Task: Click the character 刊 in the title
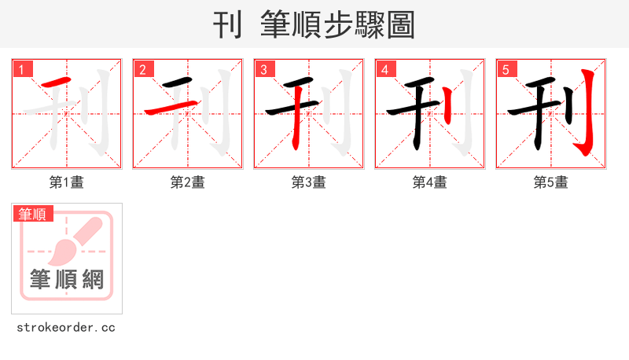tap(227, 26)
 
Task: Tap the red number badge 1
tap(22, 70)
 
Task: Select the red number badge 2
tap(143, 70)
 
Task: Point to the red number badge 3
tap(264, 70)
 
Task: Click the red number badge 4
tap(385, 70)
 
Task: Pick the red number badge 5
tap(506, 70)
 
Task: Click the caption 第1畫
tap(67, 182)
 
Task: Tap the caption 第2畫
tap(188, 182)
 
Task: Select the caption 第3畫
tap(309, 182)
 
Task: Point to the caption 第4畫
tap(430, 182)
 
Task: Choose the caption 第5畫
tap(551, 182)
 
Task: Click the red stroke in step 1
tap(57, 83)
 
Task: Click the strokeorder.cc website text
tap(66, 327)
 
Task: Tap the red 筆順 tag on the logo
tap(32, 214)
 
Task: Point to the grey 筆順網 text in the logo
tap(67, 279)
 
